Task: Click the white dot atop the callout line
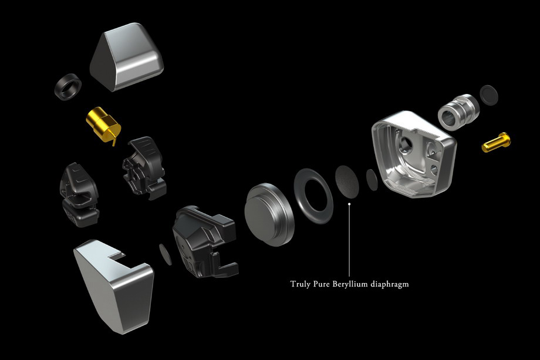[349, 204]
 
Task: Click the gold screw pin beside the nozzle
[496, 142]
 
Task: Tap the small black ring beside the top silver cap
[68, 87]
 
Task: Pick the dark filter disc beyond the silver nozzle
[489, 95]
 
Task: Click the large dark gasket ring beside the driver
[313, 196]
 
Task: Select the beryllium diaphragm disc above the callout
[347, 181]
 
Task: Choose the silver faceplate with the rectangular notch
[114, 287]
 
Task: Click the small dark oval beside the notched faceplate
[166, 254]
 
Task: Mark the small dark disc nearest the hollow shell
[372, 180]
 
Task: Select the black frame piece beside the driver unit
[205, 242]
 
